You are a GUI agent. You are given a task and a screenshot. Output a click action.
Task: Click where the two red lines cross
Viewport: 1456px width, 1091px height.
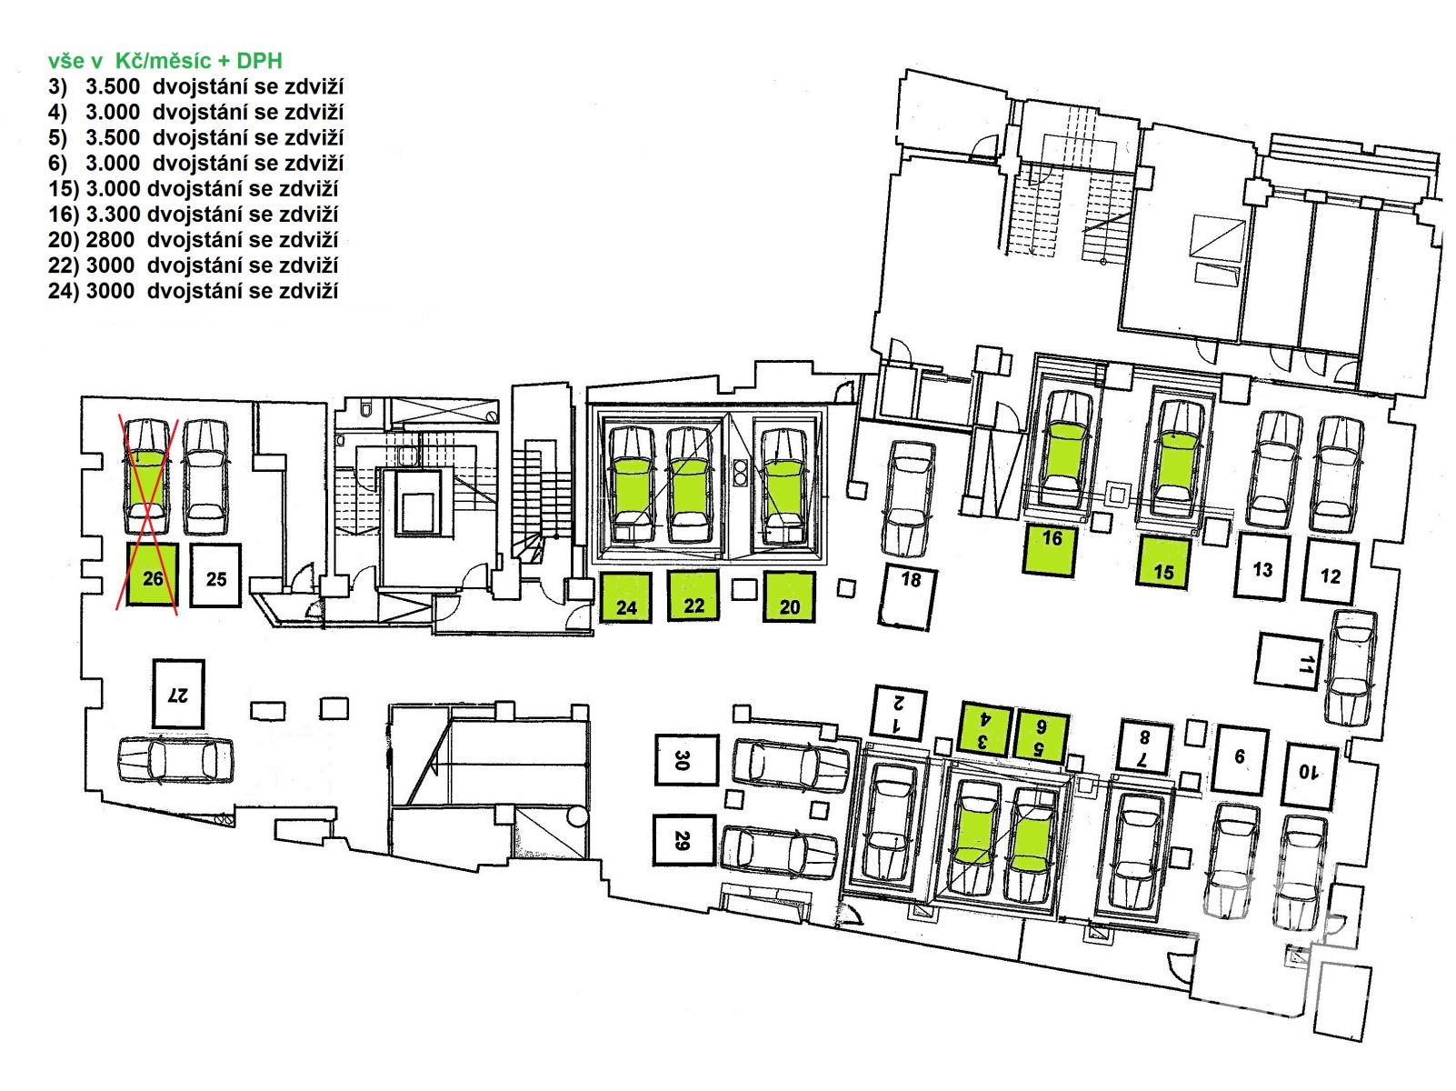pos(148,514)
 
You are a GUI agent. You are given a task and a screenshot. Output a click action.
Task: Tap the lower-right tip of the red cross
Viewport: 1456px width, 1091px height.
pos(177,615)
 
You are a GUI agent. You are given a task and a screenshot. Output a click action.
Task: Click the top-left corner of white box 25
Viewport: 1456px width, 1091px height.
pos(190,544)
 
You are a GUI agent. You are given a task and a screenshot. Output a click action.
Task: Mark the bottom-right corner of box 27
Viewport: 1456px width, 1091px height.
pos(204,727)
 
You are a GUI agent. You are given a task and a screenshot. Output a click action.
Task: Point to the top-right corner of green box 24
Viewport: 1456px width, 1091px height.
pos(651,574)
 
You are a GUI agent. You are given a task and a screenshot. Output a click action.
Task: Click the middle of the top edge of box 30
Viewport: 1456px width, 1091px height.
pos(686,736)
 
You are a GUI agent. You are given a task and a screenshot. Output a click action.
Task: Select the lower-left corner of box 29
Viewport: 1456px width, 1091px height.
pos(654,865)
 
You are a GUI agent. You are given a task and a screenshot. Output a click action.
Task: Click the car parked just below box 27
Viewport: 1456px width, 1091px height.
pos(175,759)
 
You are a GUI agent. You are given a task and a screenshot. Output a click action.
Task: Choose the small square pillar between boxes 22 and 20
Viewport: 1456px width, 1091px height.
pos(743,589)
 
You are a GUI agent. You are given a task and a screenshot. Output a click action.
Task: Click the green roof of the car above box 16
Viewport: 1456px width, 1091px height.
pos(1065,451)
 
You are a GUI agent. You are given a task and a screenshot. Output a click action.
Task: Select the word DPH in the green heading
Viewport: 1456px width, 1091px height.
pos(259,61)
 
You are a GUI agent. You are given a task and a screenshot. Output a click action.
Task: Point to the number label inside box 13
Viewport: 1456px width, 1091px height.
pos(1262,569)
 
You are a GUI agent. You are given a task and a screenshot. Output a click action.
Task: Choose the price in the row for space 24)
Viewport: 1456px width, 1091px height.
pos(110,291)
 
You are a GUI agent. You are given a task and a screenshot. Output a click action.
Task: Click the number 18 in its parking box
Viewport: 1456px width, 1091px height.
pos(911,580)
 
